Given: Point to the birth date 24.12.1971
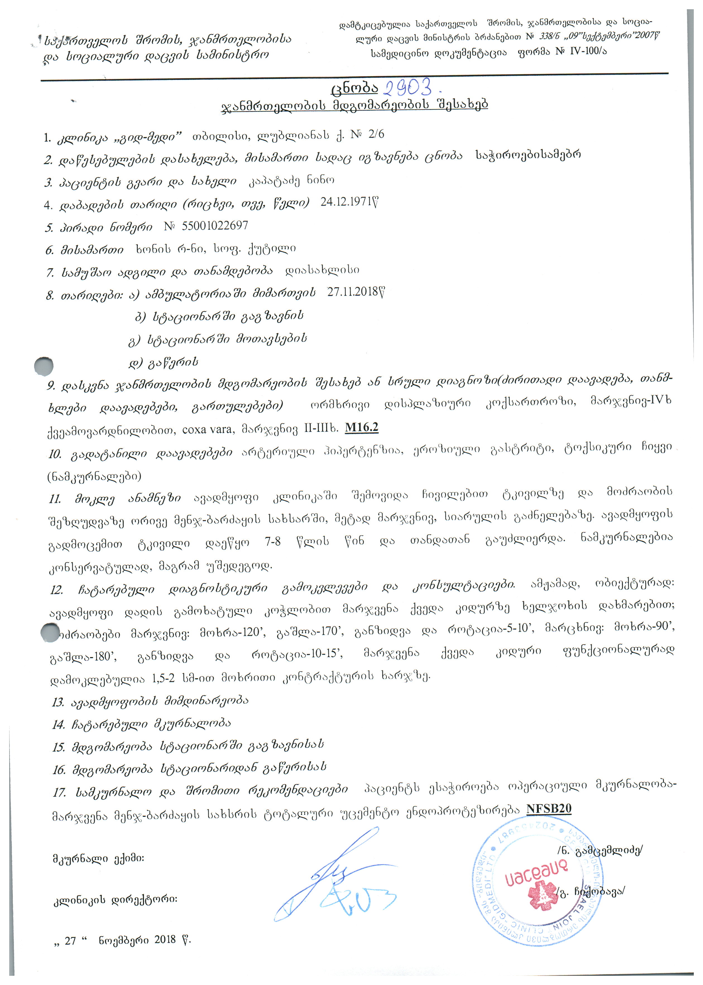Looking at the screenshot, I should pos(349,202).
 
